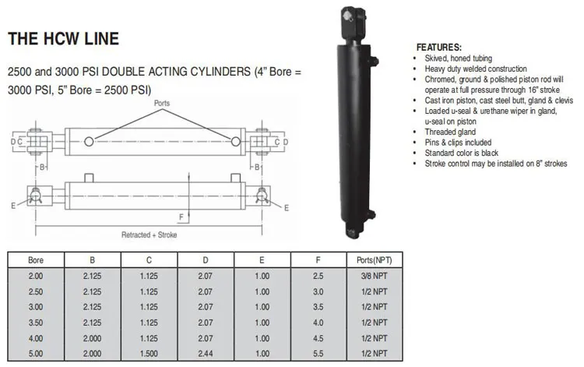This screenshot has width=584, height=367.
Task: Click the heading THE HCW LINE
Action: point(63,37)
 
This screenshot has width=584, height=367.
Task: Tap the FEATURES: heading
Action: point(439,48)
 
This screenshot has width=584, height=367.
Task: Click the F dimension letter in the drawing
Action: point(181,216)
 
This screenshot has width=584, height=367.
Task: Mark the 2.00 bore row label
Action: point(36,275)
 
